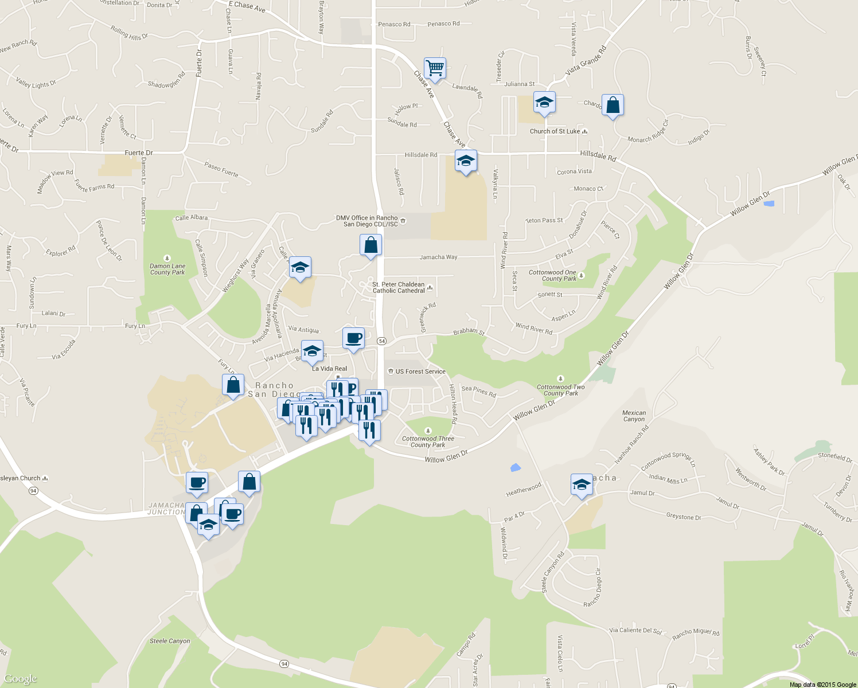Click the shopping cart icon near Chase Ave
pyautogui.click(x=435, y=69)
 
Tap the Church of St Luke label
pyautogui.click(x=555, y=131)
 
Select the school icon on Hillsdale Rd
pyautogui.click(x=466, y=162)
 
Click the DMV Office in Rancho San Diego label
pyautogui.click(x=367, y=221)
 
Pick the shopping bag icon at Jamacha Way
pyautogui.click(x=370, y=245)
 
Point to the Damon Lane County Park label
pyautogui.click(x=167, y=269)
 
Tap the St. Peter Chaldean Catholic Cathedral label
pyautogui.click(x=399, y=287)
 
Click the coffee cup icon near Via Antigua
pyautogui.click(x=353, y=338)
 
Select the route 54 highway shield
pyautogui.click(x=382, y=341)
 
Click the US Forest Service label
pyautogui.click(x=420, y=372)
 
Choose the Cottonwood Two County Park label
pyautogui.click(x=561, y=390)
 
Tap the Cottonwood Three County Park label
pyautogui.click(x=428, y=441)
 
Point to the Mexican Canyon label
pyautogui.click(x=634, y=416)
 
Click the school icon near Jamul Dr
pyautogui.click(x=581, y=485)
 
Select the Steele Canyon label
pyautogui.click(x=170, y=641)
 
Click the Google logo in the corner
pyautogui.click(x=20, y=679)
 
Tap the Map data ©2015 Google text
pyautogui.click(x=822, y=685)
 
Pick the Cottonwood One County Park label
pyautogui.click(x=552, y=276)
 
